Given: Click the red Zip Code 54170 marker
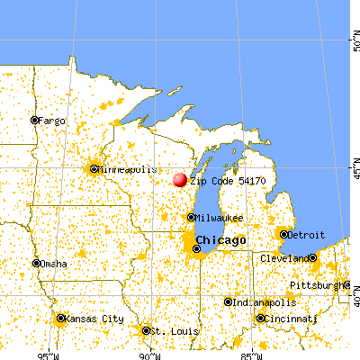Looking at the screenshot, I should coord(180,180).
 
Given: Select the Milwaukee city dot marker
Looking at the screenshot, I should coord(191,217).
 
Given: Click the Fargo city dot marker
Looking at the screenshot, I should coord(34,120).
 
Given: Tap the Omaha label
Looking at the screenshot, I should coord(52,264).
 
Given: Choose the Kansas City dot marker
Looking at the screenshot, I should coord(60,318).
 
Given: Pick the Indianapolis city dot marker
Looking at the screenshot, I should coord(229,301).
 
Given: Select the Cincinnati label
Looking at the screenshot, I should coord(290,318).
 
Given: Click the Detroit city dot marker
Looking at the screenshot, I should coord(284,234).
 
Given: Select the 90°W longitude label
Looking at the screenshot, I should coord(149,354).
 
